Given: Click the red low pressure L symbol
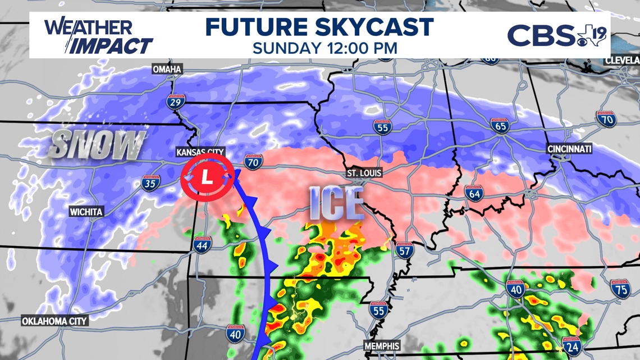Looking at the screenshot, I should tap(207, 178).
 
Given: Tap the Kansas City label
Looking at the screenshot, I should tap(200, 152).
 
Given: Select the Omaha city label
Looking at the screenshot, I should tap(167, 69).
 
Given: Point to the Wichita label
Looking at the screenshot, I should tap(86, 212).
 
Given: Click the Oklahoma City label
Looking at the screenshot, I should tap(54, 321).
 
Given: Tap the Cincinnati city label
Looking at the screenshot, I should tap(569, 149).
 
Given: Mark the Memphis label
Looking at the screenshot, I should tap(382, 346).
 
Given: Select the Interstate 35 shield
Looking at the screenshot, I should tap(150, 183).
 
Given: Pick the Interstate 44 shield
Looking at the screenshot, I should tap(202, 244).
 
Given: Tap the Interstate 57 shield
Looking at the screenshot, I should tap(404, 250).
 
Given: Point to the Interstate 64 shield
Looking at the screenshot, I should tap(474, 194).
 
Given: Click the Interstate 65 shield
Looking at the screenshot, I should tap(501, 126).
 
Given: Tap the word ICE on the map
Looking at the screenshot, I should tap(336, 203).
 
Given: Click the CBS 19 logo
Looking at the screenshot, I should tap(556, 35).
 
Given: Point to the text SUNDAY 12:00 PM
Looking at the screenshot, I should tap(324, 48).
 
